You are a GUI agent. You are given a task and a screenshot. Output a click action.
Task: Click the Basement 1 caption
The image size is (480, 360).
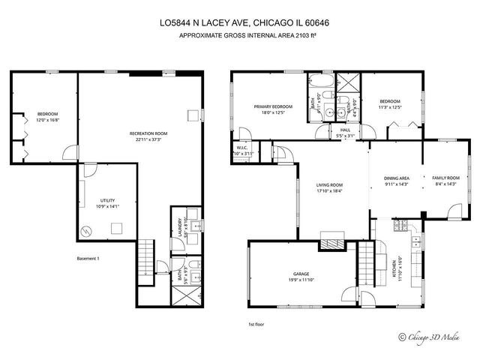coord(88,259)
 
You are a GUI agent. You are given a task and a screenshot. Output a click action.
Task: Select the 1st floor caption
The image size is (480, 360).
coord(257,324)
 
